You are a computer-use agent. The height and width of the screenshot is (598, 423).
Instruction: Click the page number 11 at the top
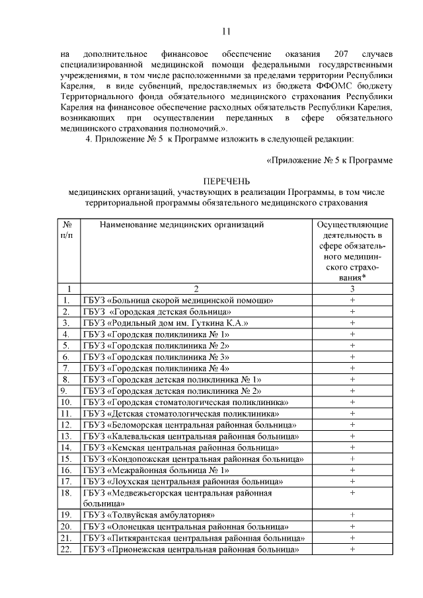(x=226, y=31)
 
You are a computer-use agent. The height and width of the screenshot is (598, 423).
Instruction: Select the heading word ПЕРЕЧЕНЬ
(x=226, y=182)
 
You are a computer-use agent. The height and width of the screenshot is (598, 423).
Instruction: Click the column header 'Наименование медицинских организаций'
(x=182, y=225)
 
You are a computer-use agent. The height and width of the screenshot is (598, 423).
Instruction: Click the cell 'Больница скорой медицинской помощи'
(x=178, y=300)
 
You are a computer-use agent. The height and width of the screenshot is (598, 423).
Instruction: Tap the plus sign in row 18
(x=352, y=492)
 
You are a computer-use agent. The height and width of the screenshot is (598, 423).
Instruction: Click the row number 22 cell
(x=66, y=549)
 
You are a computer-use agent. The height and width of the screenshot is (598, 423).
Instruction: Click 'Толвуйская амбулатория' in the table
(x=149, y=514)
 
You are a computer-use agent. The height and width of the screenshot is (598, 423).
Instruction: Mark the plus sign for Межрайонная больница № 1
(x=352, y=470)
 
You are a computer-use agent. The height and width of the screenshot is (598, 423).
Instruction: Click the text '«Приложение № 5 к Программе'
(x=329, y=159)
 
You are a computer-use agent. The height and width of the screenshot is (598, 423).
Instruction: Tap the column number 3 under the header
(x=352, y=289)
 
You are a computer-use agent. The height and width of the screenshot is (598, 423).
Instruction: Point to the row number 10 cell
(x=66, y=402)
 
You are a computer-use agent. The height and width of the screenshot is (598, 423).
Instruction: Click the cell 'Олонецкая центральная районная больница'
(x=185, y=526)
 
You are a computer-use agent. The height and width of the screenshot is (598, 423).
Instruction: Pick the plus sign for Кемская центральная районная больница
(x=352, y=447)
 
